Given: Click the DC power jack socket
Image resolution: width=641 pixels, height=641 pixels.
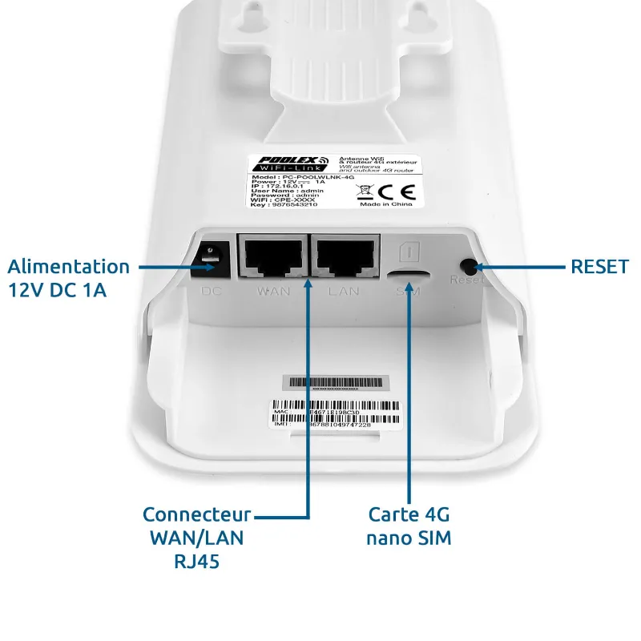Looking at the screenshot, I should click(x=211, y=256).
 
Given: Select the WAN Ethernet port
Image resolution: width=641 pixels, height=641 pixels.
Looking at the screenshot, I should click(x=273, y=256).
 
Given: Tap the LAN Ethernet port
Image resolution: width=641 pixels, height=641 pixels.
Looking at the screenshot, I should click(x=344, y=256).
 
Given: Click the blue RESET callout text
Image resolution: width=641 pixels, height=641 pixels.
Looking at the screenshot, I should click(x=599, y=267).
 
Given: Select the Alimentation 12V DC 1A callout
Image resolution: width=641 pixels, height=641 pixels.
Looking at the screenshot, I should click(x=68, y=278).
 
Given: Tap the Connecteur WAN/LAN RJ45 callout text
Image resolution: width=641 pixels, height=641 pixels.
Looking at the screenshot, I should click(x=196, y=538).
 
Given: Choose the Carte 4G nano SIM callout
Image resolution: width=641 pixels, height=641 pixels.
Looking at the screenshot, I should click(x=409, y=526).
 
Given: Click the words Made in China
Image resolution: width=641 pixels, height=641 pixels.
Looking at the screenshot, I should click(x=386, y=205).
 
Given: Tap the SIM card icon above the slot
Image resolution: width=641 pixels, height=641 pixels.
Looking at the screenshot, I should click(x=407, y=251).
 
